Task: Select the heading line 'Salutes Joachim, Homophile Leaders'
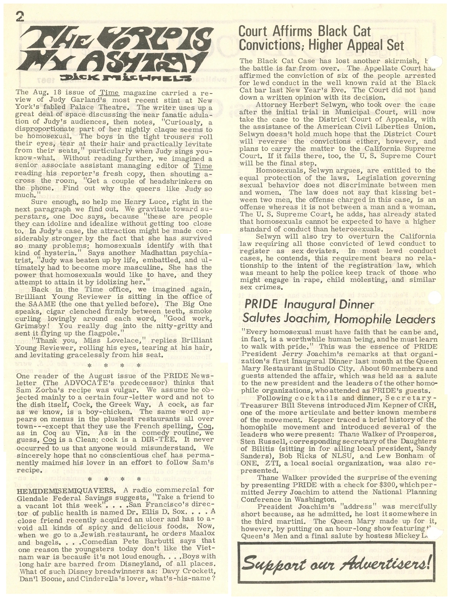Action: pos(339,319)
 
